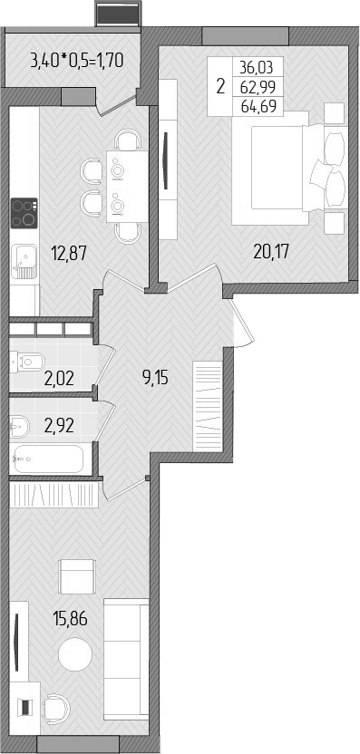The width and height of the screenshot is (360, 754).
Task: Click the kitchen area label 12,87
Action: pyautogui.click(x=69, y=255)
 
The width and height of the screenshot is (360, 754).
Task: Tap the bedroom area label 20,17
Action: pyautogui.click(x=272, y=251)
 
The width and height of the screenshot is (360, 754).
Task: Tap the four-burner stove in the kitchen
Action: pyautogui.click(x=24, y=214)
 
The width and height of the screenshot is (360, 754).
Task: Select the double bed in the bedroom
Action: pyautogui.click(x=281, y=173)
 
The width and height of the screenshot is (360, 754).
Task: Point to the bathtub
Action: pyautogui.click(x=50, y=459)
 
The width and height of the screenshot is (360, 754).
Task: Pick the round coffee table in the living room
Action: pyautogui.click(x=74, y=654)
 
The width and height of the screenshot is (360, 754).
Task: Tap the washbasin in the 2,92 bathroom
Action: pyautogui.click(x=18, y=423)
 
